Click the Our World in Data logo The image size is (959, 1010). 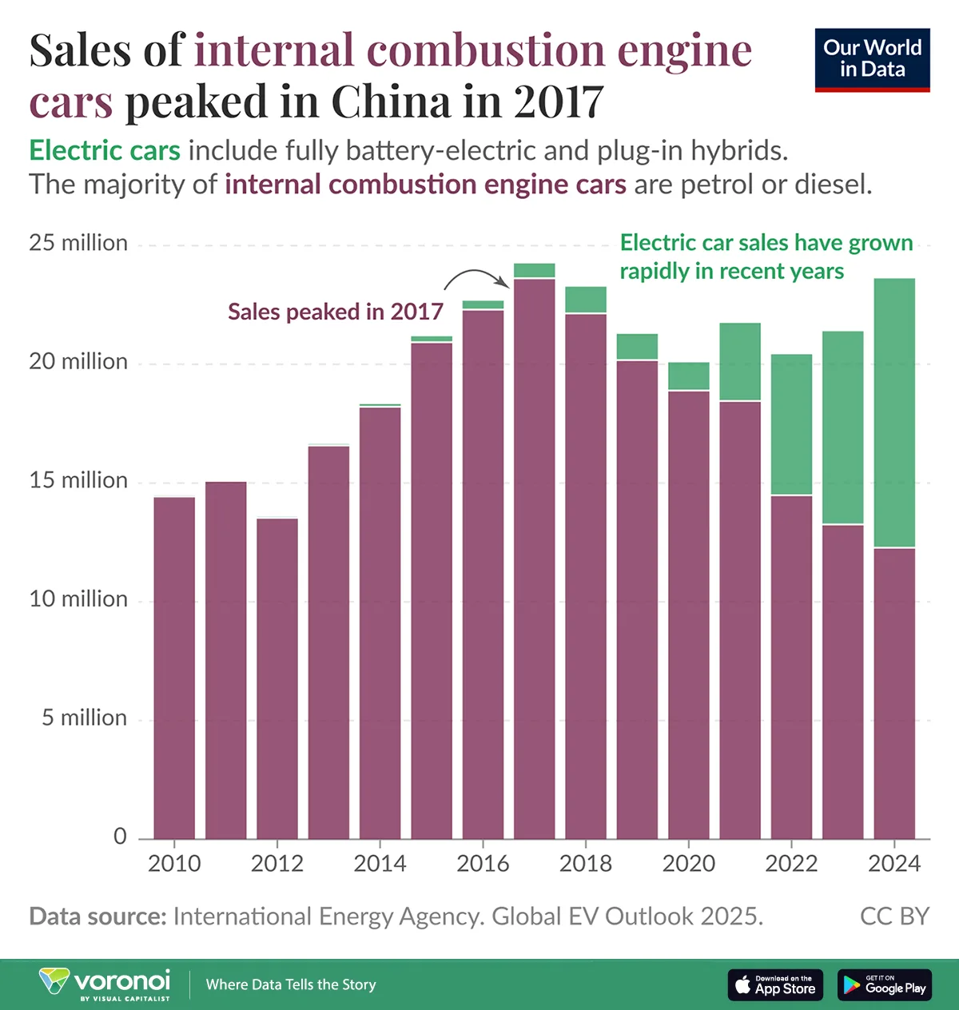click(x=872, y=60)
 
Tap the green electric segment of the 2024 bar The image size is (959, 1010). click(x=894, y=412)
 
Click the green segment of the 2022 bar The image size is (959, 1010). click(x=791, y=424)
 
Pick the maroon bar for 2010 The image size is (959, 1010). click(x=174, y=668)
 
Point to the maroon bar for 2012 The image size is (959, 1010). click(x=277, y=678)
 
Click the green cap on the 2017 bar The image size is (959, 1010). click(x=534, y=270)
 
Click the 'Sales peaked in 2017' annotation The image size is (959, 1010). click(x=335, y=312)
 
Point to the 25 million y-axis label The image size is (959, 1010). click(x=78, y=243)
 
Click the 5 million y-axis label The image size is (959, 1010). click(x=84, y=718)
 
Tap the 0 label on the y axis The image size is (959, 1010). click(x=120, y=836)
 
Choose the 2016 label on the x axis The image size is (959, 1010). click(x=483, y=864)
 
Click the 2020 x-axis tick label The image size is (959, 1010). click(x=688, y=864)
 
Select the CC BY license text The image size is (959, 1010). click(x=894, y=916)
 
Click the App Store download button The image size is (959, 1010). click(x=774, y=984)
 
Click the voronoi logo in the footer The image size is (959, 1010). click(x=105, y=983)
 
